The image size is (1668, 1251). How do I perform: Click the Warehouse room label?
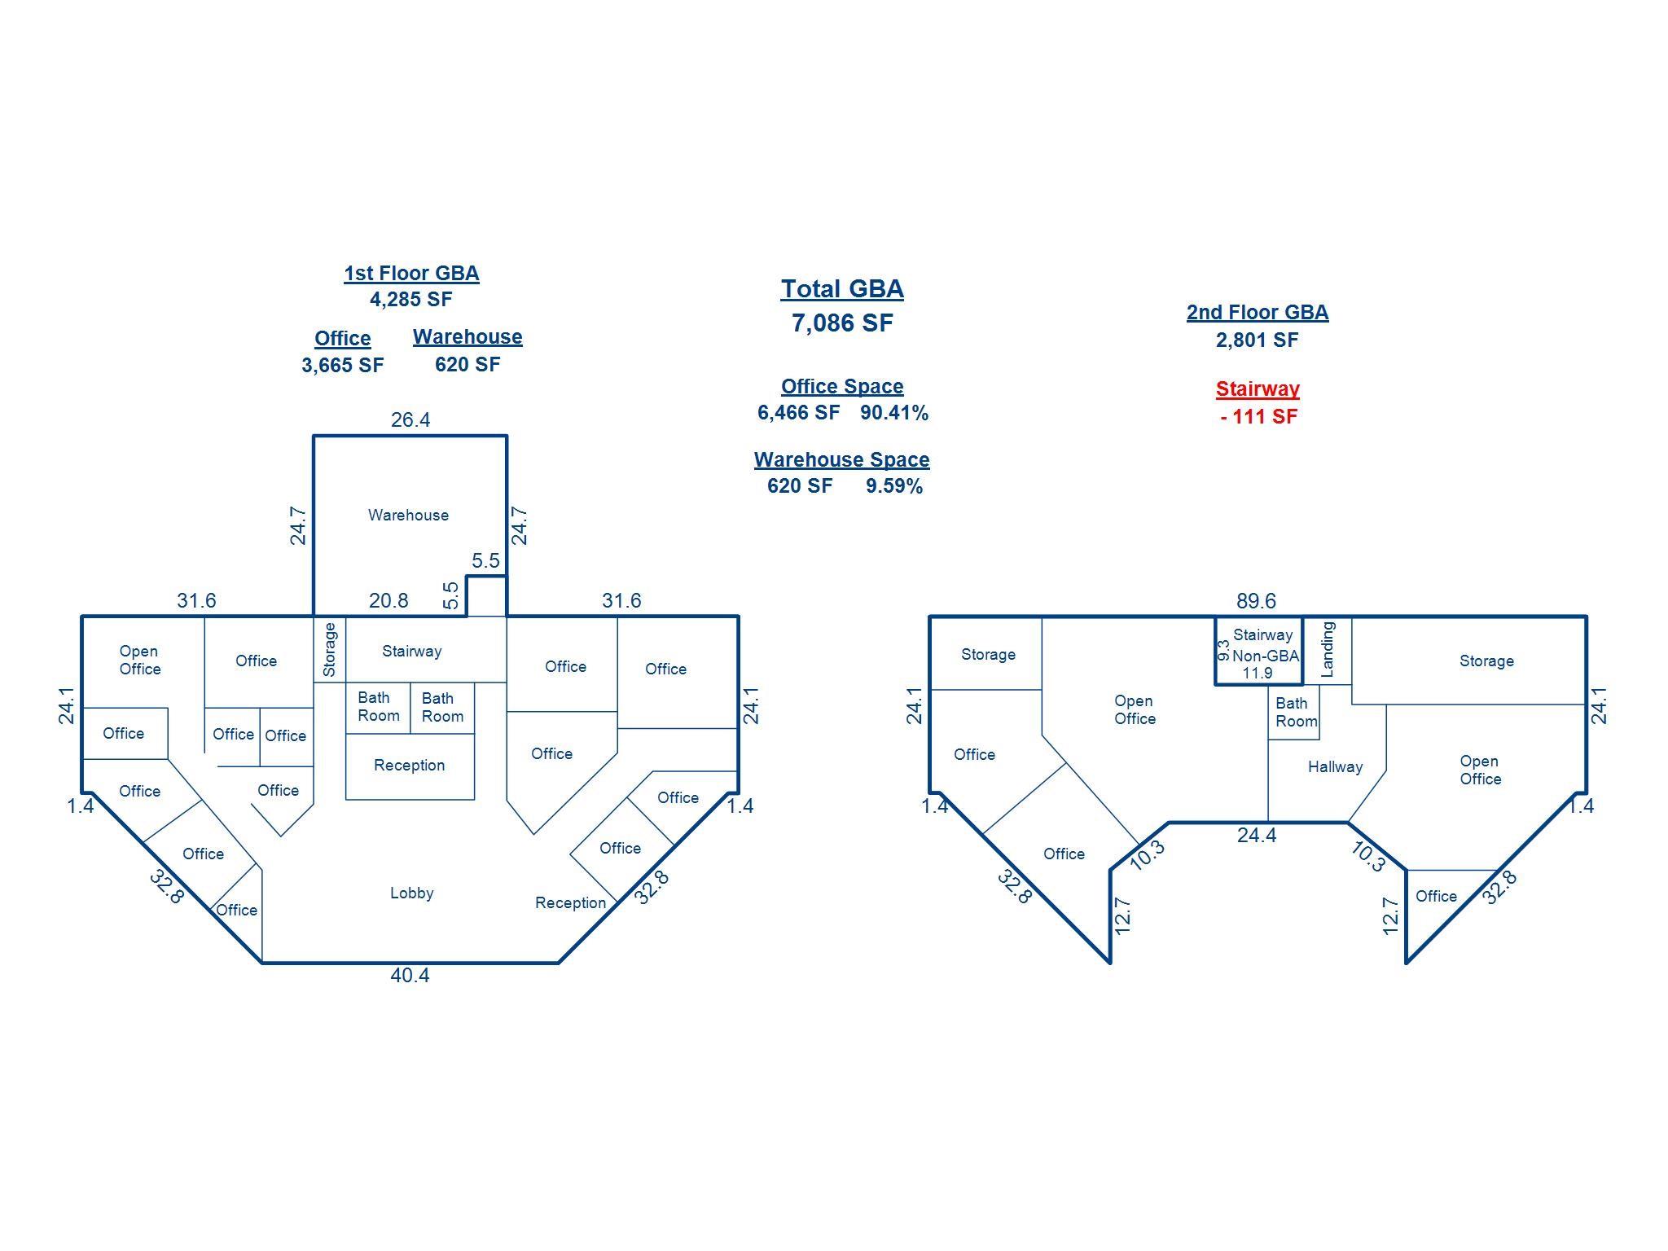pos(408,515)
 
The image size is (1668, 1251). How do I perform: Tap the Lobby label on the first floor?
pos(411,893)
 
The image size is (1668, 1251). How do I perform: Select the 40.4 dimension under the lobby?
pos(410,975)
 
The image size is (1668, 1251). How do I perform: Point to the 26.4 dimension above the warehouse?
pos(410,419)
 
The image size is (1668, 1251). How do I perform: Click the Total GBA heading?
pos(842,289)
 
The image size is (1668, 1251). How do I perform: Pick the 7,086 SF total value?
pos(842,323)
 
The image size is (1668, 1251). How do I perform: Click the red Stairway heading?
pos(1258,388)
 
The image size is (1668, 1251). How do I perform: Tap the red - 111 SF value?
pos(1258,416)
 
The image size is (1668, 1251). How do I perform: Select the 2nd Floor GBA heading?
pos(1258,312)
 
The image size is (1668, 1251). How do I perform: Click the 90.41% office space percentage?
pos(894,413)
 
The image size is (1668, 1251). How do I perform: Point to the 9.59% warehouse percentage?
pos(894,486)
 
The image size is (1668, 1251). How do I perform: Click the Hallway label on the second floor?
pos(1335,766)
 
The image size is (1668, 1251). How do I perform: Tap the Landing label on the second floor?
pos(1327,649)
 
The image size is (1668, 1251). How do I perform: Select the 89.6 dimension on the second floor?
pos(1256,601)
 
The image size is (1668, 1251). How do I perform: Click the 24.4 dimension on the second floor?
pos(1256,835)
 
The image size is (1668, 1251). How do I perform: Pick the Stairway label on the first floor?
pos(411,651)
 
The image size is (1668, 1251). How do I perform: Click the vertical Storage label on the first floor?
pos(329,649)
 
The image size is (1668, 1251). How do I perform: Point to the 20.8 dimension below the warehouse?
pos(388,600)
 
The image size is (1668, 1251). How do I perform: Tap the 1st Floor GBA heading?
pos(411,273)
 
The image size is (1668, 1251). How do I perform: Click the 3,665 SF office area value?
pos(342,365)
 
